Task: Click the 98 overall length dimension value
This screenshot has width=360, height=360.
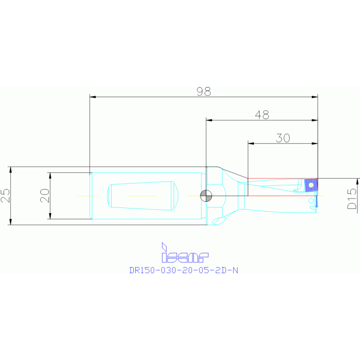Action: coord(204,92)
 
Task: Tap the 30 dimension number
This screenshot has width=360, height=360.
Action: coord(283,138)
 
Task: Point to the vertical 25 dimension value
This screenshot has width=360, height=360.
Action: coord(5,195)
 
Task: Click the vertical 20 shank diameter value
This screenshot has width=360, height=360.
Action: coord(45,195)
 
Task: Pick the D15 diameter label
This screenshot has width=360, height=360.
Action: coord(352,199)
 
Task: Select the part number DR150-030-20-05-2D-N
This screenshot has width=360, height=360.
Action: coord(184,270)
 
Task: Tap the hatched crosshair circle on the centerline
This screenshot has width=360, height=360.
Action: coord(206,195)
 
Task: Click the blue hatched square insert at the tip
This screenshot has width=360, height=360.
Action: coord(311,184)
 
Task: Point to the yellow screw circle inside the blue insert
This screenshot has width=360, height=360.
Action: coord(311,185)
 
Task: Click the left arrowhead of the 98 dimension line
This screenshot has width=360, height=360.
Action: coord(92,97)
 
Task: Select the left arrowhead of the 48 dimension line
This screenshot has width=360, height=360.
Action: coord(209,120)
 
